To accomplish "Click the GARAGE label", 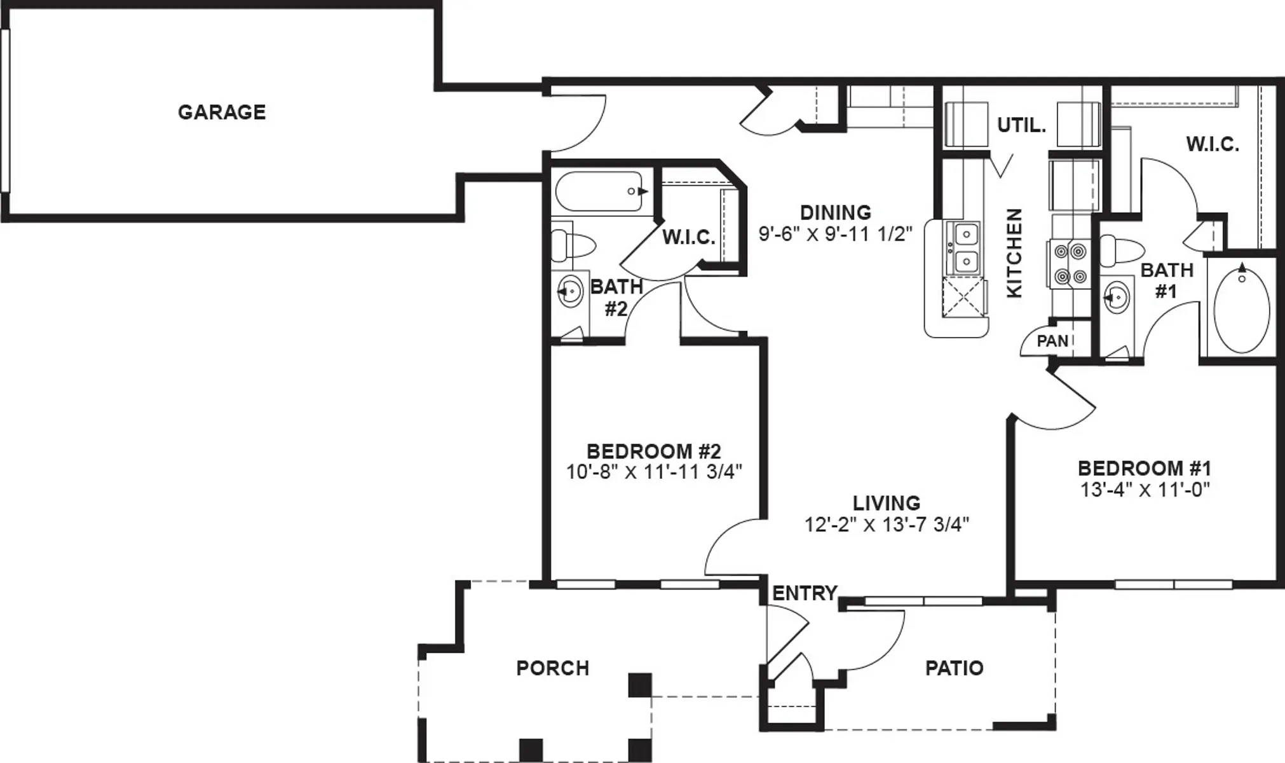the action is click(x=221, y=113).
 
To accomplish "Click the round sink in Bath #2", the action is click(x=569, y=292).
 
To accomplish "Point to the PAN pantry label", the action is click(x=1052, y=341).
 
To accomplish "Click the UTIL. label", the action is click(x=1021, y=126).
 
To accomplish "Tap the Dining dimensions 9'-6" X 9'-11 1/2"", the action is click(x=836, y=234).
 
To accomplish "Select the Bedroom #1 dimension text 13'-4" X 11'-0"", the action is click(x=1145, y=490).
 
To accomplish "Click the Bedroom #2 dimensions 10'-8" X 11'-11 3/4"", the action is click(x=654, y=472).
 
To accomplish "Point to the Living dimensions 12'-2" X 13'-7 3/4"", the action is click(x=887, y=525).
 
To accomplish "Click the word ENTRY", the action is click(x=805, y=593).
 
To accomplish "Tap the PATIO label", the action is click(x=955, y=668).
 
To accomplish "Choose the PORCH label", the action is click(x=553, y=668).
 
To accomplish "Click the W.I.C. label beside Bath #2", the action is click(x=689, y=238).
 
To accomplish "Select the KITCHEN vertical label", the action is click(x=1014, y=253).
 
